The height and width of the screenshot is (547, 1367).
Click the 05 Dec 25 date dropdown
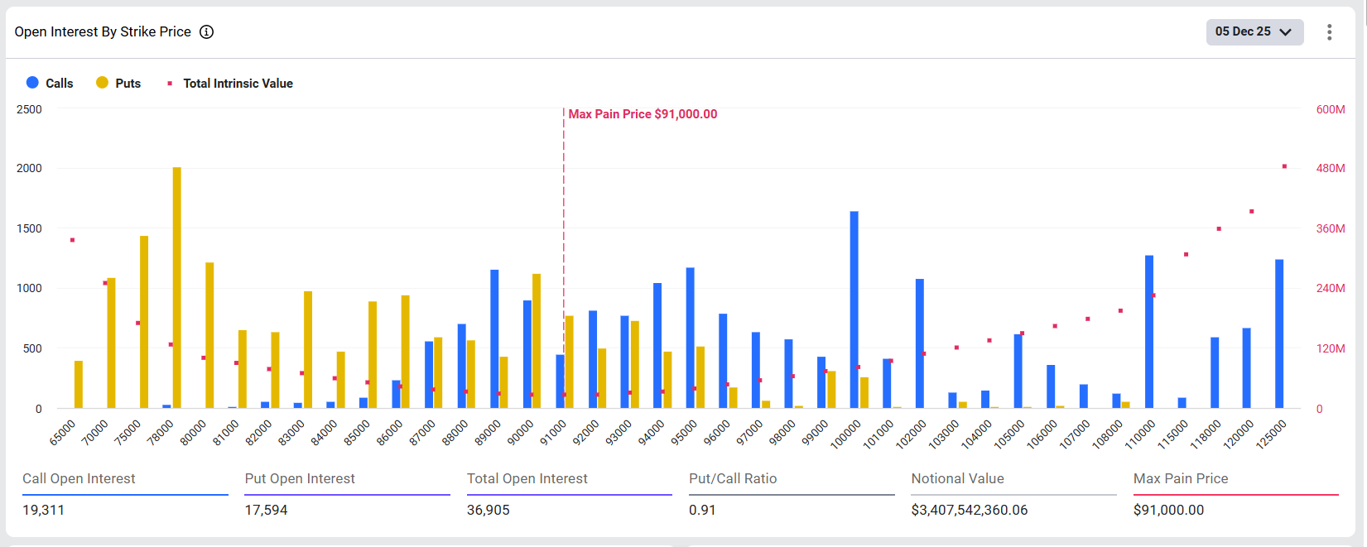click(x=1254, y=31)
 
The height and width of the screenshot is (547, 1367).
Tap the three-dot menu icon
click(x=1329, y=31)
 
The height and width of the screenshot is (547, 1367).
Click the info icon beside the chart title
click(x=207, y=31)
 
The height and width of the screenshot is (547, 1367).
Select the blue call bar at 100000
click(x=854, y=310)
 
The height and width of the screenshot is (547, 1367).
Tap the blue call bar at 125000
click(x=1279, y=334)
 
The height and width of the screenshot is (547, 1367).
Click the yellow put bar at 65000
click(x=79, y=385)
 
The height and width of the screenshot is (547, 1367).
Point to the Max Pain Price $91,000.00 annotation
click(x=643, y=114)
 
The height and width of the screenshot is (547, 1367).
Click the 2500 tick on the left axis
click(x=29, y=109)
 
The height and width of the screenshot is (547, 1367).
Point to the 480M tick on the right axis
click(x=1330, y=168)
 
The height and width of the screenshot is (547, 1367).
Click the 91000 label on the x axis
click(x=553, y=433)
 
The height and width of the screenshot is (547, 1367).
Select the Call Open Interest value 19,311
click(x=43, y=510)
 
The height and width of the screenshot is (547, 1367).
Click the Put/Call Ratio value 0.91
click(x=701, y=510)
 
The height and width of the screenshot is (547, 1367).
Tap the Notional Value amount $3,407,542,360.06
click(x=969, y=510)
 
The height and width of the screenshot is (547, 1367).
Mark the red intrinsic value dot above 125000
click(x=1284, y=166)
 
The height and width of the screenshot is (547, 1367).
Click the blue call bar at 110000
click(x=1149, y=332)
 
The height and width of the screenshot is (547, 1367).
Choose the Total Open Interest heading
click(x=527, y=478)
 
